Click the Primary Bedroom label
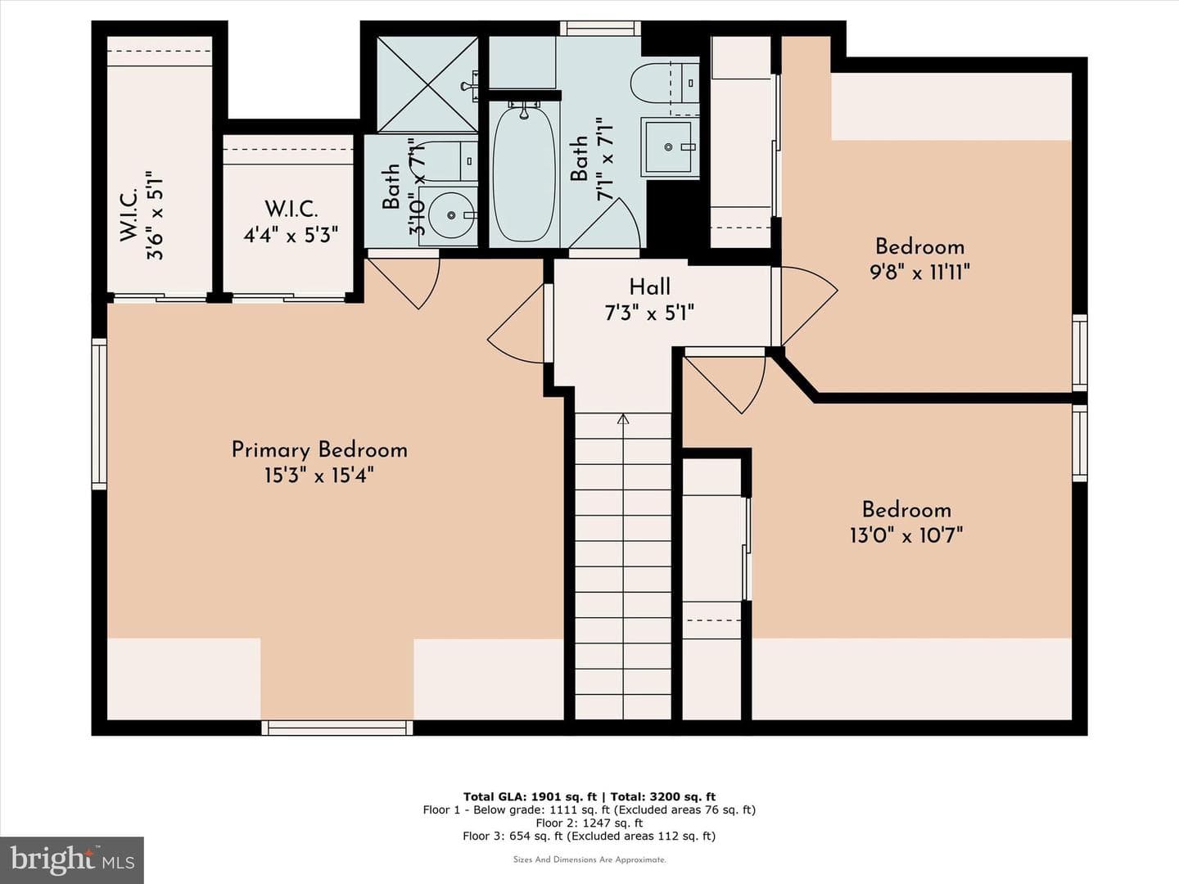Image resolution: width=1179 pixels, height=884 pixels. [319, 450]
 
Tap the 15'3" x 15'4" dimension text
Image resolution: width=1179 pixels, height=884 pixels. [319, 476]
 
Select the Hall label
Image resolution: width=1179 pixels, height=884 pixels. [650, 286]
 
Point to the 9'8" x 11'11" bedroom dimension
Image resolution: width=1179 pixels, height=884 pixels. [919, 273]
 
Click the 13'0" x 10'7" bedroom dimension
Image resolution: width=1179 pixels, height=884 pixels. [906, 535]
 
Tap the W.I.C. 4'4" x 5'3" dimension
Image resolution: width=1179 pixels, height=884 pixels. [291, 235]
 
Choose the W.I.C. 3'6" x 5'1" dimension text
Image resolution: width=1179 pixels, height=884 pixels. [155, 216]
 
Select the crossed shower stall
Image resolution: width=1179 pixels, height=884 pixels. [427, 84]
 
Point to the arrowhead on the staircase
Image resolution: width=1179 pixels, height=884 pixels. [623, 418]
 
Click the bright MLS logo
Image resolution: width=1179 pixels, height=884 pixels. [72, 859]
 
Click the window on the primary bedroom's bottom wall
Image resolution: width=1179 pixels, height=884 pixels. [337, 728]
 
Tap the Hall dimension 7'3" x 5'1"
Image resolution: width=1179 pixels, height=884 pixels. [650, 313]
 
